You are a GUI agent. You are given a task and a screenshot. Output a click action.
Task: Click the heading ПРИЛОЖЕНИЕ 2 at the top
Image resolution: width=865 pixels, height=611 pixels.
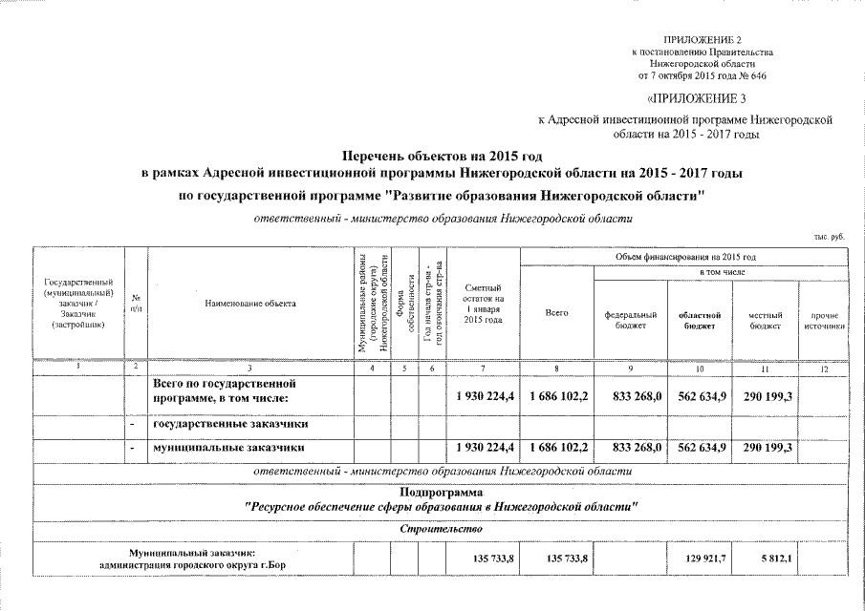coord(702,37)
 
